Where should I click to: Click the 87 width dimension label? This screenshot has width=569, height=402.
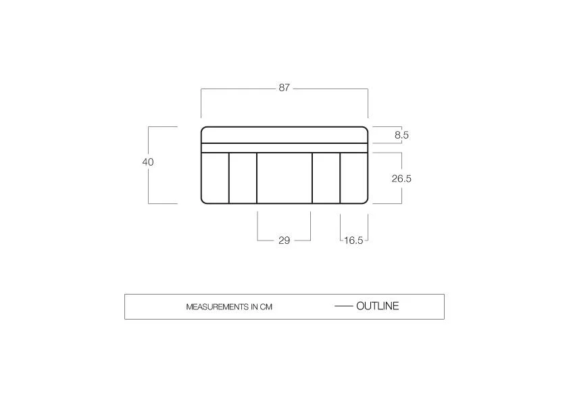tap(284, 87)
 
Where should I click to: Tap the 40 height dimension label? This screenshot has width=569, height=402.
tap(148, 162)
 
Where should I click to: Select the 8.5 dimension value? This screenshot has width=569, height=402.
tap(401, 135)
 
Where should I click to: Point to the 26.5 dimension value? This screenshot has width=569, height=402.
tap(401, 178)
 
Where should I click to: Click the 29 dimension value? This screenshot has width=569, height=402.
tap(284, 240)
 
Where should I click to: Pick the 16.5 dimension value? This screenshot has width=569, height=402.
tap(353, 240)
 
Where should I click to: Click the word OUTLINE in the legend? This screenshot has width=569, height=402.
tap(377, 306)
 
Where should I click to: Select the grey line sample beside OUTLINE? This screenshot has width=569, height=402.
tap(344, 306)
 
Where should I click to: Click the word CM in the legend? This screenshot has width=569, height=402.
tap(266, 307)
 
